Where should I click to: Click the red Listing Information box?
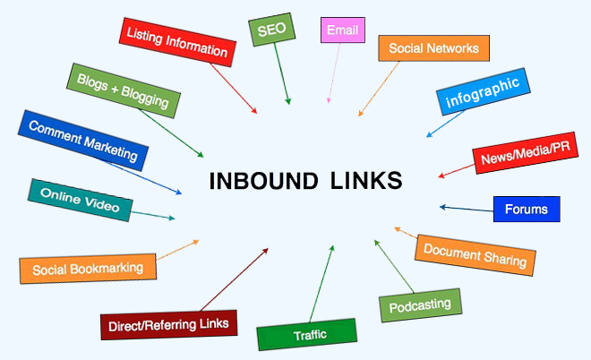coord(177,42)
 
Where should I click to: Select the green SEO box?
coord(271,30)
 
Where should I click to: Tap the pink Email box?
coord(343,30)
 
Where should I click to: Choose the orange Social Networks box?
coord(433,48)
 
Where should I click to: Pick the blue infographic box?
coord(484,91)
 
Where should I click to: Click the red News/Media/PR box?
coord(525,152)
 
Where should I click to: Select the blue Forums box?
coord(527,209)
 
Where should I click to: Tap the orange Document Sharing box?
coord(475,255)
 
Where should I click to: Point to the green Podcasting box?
coord(420,305)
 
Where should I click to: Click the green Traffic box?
coord(307,334)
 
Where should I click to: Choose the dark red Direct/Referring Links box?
coord(169,324)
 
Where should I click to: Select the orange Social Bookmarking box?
coord(88,269)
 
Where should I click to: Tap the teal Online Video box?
coord(81,201)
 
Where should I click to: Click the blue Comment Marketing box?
coord(83,141)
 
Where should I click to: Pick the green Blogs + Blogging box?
coord(124,90)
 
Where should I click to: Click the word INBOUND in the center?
coord(263,181)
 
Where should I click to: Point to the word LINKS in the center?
coord(366,181)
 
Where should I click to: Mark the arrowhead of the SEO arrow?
coord(288,101)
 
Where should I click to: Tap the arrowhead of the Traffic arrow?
coord(332,248)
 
